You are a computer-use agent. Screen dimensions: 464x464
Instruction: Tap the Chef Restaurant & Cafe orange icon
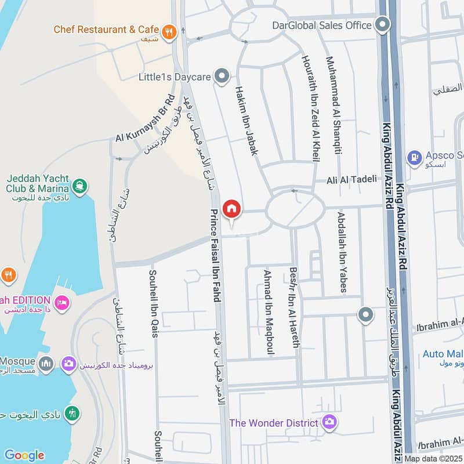pos(169,32)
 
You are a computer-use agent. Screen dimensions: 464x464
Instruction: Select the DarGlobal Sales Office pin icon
pos(382,25)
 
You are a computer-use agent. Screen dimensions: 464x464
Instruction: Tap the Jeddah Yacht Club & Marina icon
pos(79,186)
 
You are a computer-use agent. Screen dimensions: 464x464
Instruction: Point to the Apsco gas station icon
pos(414,157)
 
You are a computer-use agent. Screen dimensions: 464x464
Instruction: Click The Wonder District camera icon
pos(330,422)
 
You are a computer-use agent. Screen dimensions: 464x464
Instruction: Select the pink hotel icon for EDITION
pos(61,302)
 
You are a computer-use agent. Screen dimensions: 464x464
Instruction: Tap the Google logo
pos(24,455)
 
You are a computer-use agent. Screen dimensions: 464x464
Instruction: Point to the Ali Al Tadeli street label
pos(351,179)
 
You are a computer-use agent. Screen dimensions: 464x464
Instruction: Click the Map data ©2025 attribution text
pos(433,458)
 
